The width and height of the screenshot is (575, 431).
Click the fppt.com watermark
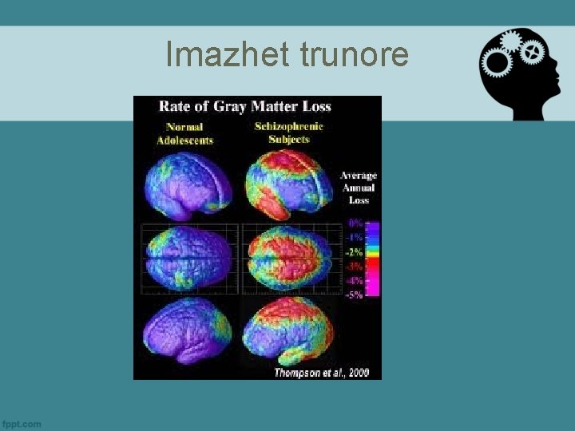click(x=22, y=424)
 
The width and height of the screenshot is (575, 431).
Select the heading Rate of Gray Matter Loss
click(x=245, y=106)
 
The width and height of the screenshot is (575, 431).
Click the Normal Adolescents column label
click(x=184, y=133)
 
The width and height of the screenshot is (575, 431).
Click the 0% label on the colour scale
click(x=355, y=223)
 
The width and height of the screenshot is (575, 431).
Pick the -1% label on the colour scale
click(x=354, y=238)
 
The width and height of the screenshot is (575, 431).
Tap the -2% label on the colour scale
click(x=354, y=252)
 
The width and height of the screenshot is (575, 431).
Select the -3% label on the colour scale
click(x=354, y=266)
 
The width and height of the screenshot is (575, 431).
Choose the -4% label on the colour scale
click(x=354, y=280)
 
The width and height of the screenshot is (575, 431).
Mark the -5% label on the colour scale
click(x=354, y=295)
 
